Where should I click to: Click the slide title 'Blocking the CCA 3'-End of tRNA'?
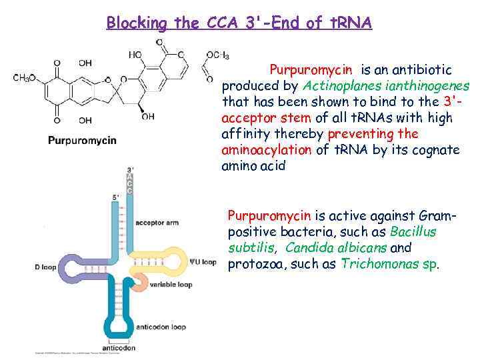(x=239, y=23)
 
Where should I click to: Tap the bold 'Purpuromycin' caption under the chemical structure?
(x=82, y=140)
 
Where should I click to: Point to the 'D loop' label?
(x=46, y=267)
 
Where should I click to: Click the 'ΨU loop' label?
(x=202, y=262)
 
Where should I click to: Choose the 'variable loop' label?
(x=171, y=284)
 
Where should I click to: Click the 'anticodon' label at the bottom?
(x=119, y=348)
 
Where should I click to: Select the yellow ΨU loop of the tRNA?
(x=173, y=261)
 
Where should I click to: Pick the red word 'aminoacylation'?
(x=266, y=149)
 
